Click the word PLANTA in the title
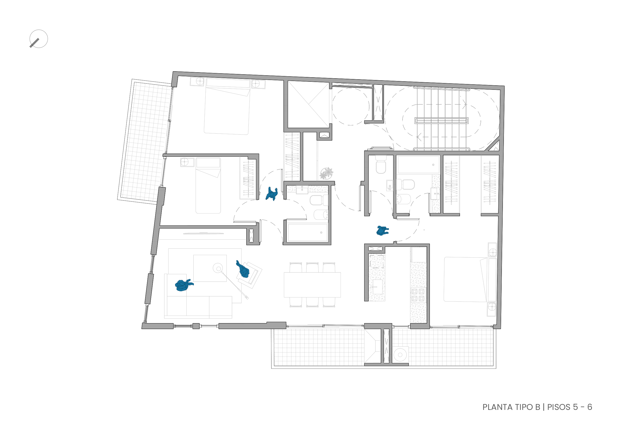point(497,407)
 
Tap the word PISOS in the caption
point(559,407)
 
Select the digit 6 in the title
point(589,407)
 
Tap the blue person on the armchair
point(243,270)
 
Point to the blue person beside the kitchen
point(382,230)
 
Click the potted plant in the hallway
point(327,173)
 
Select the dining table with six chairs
point(312,285)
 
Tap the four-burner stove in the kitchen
point(418,295)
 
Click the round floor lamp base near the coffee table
point(218,268)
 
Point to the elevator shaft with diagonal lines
point(308,104)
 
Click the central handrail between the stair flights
point(441,121)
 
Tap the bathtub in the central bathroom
point(307,233)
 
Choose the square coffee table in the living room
point(210,268)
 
